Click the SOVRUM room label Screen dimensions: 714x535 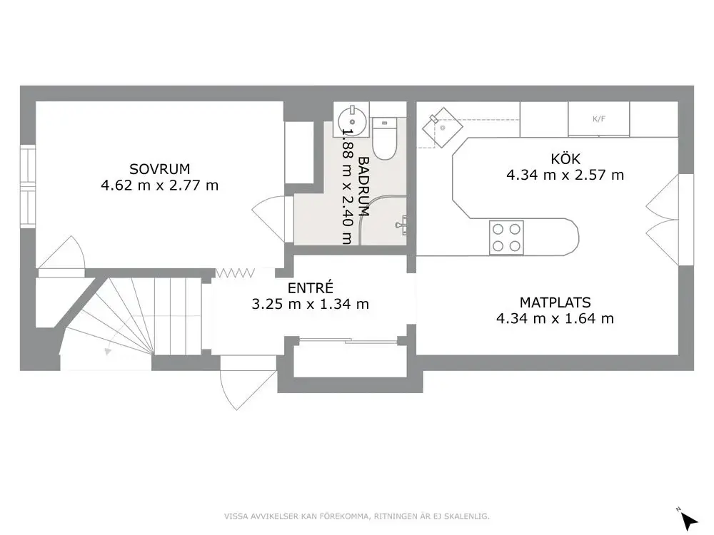159,169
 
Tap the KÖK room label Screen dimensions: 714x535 565,159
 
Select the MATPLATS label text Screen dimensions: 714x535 555,302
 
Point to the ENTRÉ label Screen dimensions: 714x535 311,287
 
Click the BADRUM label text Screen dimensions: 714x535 363,186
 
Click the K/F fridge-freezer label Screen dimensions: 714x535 599,119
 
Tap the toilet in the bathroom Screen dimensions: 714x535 384,138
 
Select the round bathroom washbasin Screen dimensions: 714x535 352,121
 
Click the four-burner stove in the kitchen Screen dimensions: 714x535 506,238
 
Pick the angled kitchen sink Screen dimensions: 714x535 442,128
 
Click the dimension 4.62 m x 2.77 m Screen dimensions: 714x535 159,185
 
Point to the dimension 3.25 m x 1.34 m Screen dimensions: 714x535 310,304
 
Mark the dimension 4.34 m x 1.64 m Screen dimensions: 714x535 555,318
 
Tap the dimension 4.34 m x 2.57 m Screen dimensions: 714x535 565,175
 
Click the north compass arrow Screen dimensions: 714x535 689,520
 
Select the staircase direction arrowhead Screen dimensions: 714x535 108,351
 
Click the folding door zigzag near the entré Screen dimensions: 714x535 235,273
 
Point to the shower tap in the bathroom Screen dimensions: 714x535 401,225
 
